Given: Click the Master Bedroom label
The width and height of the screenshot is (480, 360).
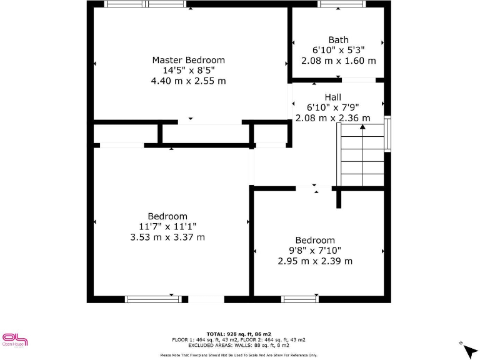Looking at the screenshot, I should point(188,60).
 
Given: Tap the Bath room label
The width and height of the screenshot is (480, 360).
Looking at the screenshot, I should point(339,40).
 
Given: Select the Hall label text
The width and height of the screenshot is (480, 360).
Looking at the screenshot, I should point(332,97).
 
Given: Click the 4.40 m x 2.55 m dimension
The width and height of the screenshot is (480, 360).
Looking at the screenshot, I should point(188,81).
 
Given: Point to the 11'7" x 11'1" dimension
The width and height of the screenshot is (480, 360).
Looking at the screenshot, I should point(167,227).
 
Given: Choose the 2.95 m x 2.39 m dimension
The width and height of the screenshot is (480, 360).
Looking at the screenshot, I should point(315,261).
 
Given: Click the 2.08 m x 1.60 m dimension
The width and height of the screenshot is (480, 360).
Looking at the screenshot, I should point(339,61).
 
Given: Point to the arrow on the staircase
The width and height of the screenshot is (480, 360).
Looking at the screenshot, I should point(362,128).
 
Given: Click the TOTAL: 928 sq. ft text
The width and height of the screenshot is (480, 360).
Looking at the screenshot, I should point(239,334).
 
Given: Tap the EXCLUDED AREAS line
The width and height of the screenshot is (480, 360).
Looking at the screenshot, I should point(239,345).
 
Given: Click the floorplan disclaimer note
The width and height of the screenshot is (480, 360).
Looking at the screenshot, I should point(239,355).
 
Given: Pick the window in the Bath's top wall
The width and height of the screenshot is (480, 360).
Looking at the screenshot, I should point(341,4).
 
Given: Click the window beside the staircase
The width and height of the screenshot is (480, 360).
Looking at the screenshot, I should point(387,134).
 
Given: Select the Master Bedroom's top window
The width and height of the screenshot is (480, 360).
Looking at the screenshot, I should point(145,4).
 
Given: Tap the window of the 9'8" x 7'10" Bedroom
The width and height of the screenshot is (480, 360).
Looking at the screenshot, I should point(301,299).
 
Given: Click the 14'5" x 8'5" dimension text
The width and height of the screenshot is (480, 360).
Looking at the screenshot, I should point(188,71).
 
